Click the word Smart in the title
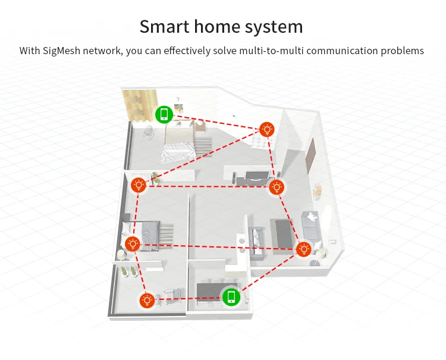(164, 26)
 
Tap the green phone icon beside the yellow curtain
(164, 114)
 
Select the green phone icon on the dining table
(231, 297)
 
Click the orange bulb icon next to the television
(276, 187)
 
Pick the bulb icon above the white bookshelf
(267, 130)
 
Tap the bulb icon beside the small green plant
(139, 186)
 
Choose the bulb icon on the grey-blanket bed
(133, 244)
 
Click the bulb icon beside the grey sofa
(304, 249)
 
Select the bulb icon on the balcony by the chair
(147, 300)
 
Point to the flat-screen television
(257, 176)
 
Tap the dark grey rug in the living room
(282, 236)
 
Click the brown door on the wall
(310, 156)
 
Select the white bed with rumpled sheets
(179, 145)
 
